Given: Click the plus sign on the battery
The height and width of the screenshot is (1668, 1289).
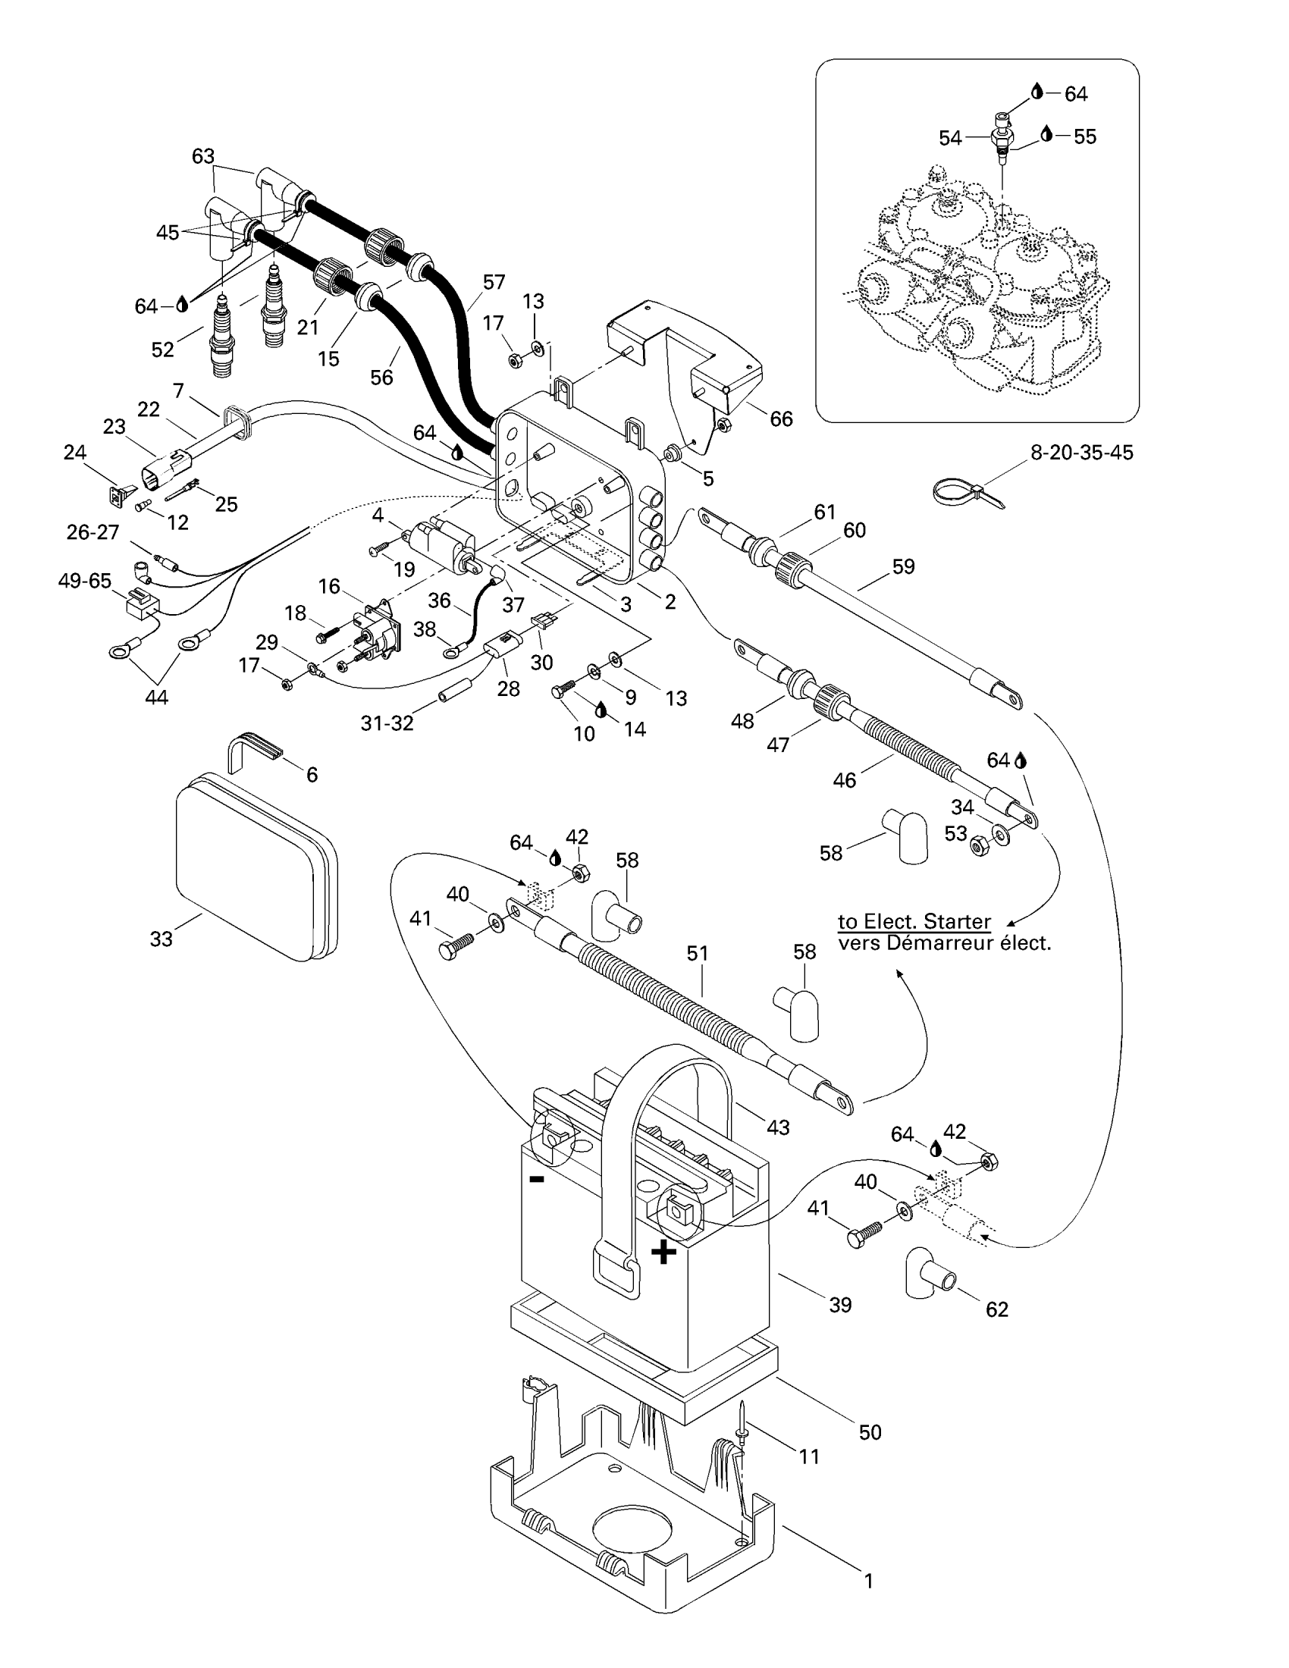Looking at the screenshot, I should tap(663, 1253).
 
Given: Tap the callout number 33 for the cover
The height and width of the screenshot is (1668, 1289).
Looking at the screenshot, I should tap(161, 939).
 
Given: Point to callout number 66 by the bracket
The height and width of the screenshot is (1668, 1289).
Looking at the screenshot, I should tap(781, 419).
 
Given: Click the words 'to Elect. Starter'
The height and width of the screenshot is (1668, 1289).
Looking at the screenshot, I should tap(914, 921).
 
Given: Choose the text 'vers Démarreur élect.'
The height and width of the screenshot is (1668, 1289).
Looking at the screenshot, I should tap(945, 943).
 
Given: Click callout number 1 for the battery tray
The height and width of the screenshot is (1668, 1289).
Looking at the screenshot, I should tap(868, 1581).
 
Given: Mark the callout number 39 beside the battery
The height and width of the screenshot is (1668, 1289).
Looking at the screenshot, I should tap(840, 1306).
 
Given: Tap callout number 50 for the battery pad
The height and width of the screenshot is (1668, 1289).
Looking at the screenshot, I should tap(870, 1432).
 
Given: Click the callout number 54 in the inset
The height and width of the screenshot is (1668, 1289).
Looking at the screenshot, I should tap(950, 138).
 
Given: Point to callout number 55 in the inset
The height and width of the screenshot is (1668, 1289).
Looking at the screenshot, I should tap(1084, 136).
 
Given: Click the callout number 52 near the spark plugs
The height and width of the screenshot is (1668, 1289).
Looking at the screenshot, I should tap(163, 350).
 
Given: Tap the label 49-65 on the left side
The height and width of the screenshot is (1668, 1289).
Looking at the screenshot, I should tap(85, 582).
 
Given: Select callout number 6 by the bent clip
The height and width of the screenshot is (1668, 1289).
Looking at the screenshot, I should tap(312, 774).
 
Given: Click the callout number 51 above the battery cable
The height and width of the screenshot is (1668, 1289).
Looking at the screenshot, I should tap(698, 953).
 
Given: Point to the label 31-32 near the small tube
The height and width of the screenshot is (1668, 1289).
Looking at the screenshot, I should tap(387, 723).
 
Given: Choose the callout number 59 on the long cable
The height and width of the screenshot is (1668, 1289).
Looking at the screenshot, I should tap(903, 566).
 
